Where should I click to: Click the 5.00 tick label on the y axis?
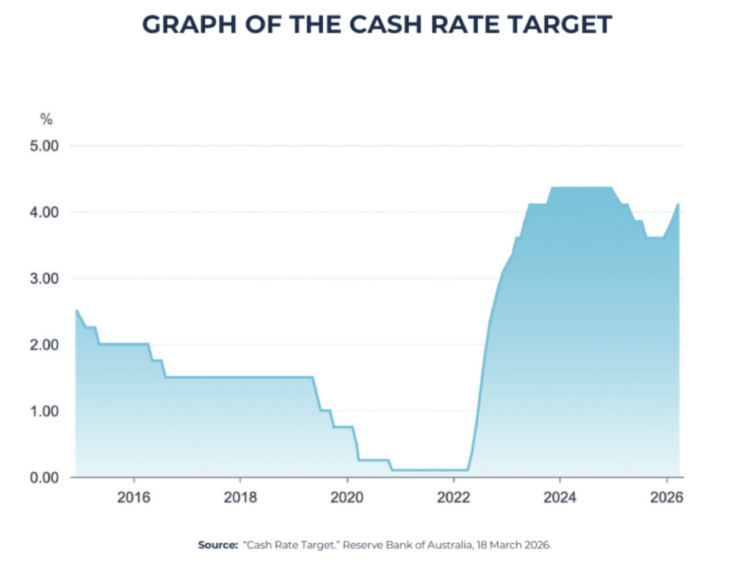pos(44,146)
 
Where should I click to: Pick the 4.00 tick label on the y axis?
pos(44,212)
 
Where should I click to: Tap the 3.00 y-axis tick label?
pos(44,278)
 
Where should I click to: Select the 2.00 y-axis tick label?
pos(44,344)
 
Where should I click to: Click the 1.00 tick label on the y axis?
pos(44,411)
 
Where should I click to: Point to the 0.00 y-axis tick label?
pos(44,477)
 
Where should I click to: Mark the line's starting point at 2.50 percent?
pos(76,311)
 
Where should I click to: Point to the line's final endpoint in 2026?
pos(678,204)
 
